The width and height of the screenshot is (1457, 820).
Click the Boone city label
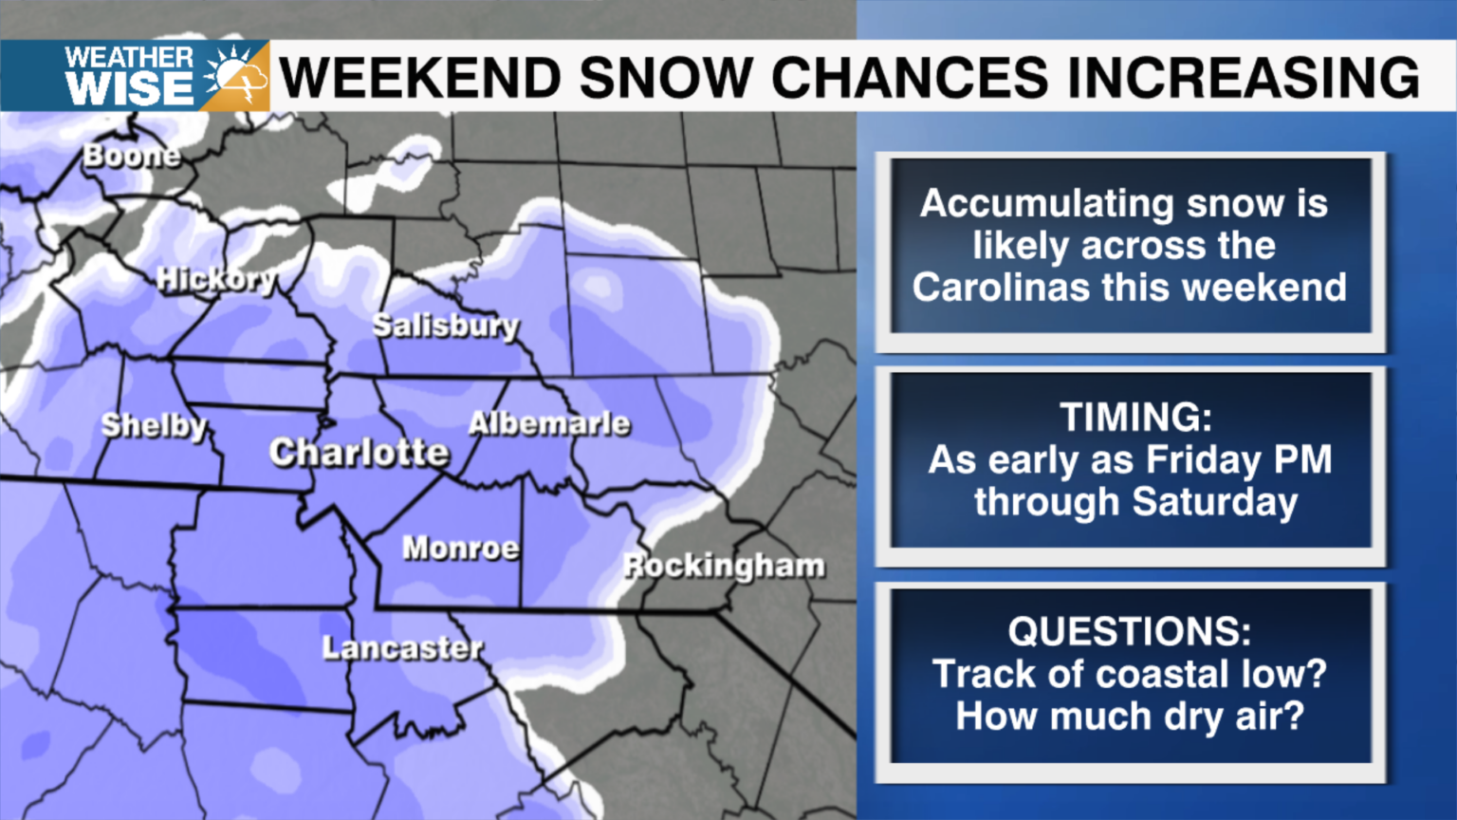coord(131,156)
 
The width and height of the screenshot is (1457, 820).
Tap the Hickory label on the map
coord(217,280)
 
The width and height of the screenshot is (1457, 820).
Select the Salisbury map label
coord(446,326)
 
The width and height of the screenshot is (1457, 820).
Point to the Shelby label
coord(155,426)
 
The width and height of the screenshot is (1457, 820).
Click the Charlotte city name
coord(359,453)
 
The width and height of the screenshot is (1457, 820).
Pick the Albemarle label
coord(549,423)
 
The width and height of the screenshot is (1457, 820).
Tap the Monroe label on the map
coord(461,548)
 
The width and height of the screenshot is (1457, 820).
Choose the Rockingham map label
coord(724,566)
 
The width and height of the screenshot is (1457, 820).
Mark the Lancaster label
coord(403,648)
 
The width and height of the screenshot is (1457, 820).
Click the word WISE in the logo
coord(130,90)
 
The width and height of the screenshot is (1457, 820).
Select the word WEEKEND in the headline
coord(421,78)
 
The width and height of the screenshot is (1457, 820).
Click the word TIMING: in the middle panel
coord(1135,418)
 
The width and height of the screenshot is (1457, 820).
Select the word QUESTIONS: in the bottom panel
coord(1130,632)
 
